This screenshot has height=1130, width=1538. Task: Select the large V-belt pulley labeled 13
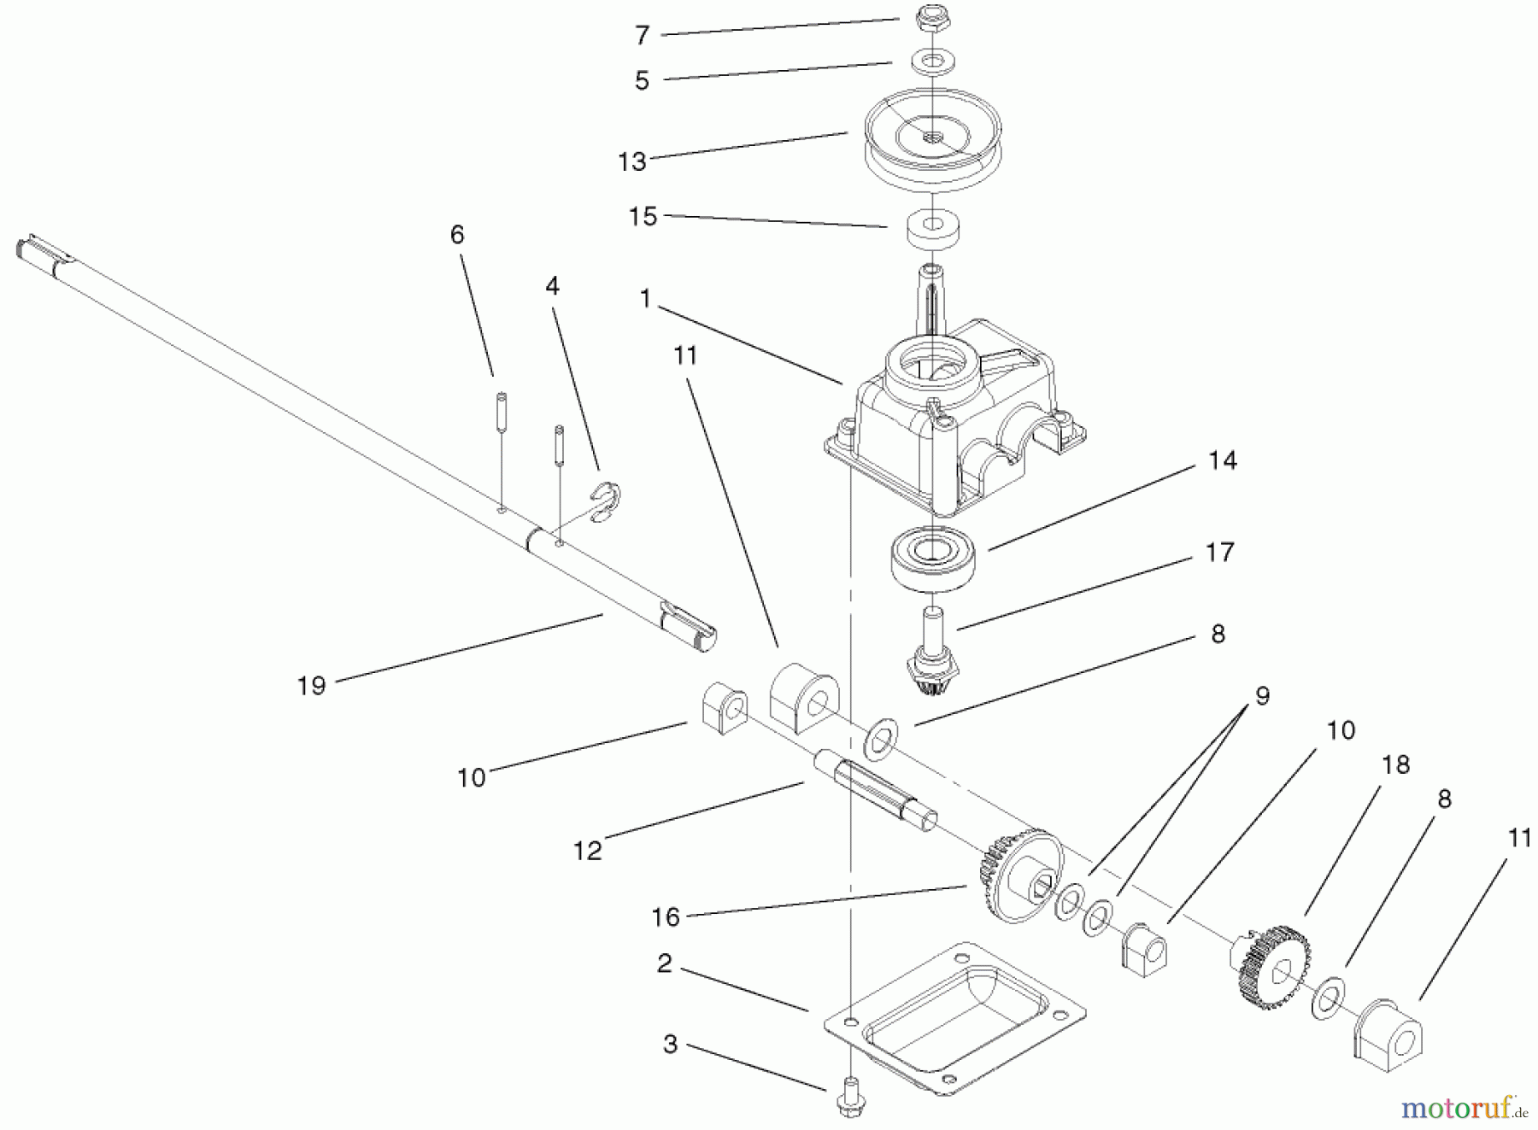(933, 149)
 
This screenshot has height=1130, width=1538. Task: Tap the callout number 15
(643, 217)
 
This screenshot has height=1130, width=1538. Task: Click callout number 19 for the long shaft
(312, 685)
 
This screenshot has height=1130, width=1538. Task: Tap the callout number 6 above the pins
(457, 235)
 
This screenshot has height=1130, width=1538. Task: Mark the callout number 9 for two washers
(1262, 696)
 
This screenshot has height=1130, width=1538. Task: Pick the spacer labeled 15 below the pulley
(933, 230)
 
